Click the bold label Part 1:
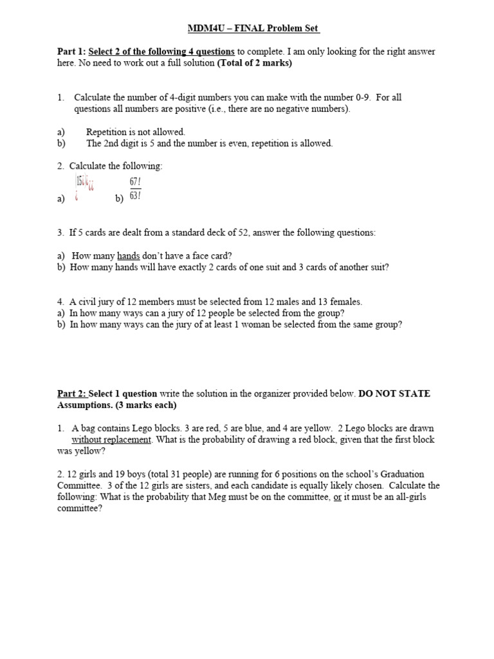coord(71,51)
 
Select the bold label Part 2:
coord(71,393)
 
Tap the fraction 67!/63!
coord(135,189)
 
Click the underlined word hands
coord(128,255)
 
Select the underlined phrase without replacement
coord(111,440)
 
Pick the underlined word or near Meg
coord(336,497)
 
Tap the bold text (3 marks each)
coord(143,405)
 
